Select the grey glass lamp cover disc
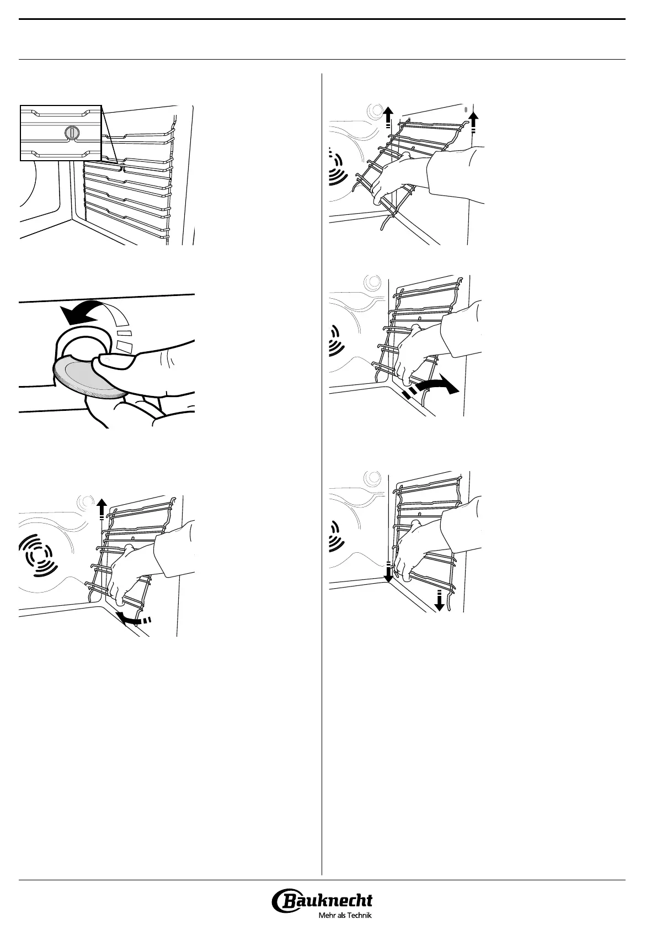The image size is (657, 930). point(89,377)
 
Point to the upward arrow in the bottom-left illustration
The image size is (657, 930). point(102,509)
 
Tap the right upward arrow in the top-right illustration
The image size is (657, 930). point(473,121)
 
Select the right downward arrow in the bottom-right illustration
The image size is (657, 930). point(439,600)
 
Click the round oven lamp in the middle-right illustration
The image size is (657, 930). point(372,283)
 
